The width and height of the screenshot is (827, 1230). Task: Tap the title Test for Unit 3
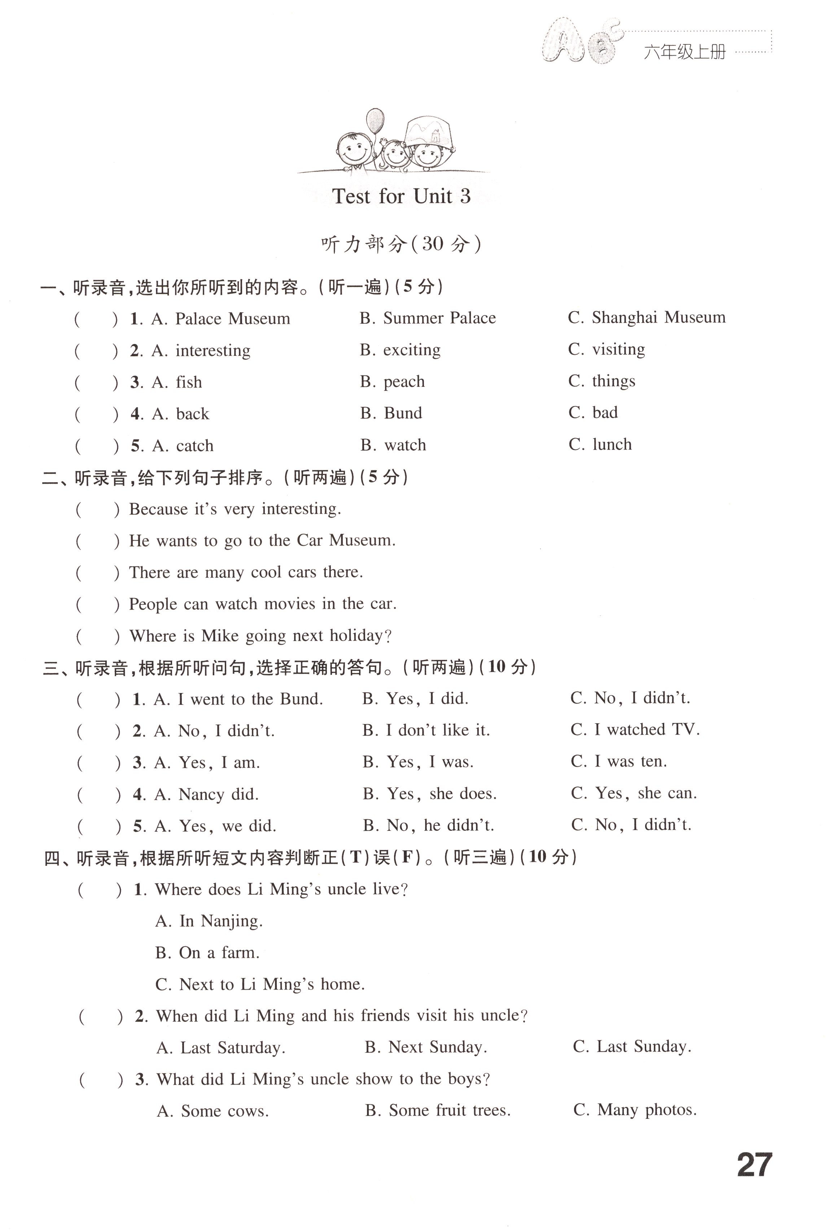tap(401, 196)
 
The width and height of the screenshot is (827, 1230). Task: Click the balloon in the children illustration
tap(375, 121)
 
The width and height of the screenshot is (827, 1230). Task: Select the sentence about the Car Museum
tap(262, 541)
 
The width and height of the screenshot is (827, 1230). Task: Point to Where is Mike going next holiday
tap(261, 636)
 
